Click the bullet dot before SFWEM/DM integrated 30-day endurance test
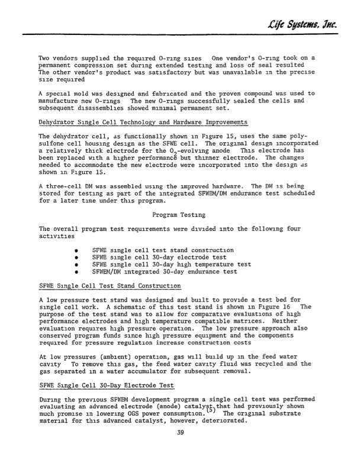click(x=77, y=272)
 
